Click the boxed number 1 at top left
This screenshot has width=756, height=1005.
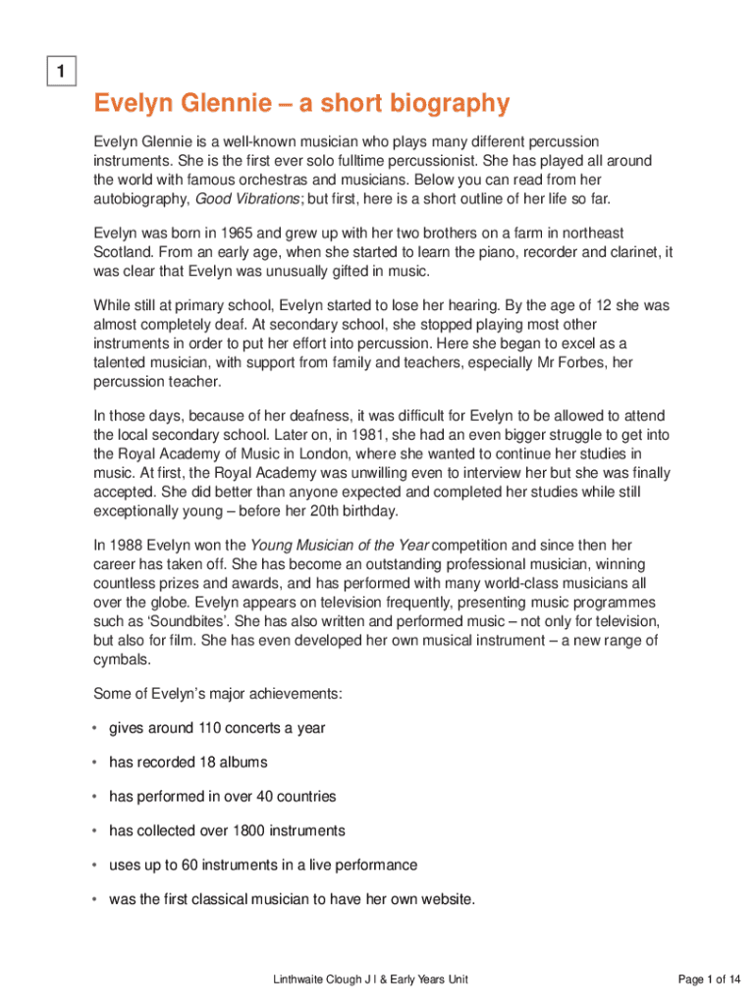click(61, 72)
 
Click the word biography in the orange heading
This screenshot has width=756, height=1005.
click(449, 103)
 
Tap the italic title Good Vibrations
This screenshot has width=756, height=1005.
click(247, 199)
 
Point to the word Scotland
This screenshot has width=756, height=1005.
click(125, 251)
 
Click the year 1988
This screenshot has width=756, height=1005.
click(127, 545)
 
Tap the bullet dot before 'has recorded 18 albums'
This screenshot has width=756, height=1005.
click(95, 763)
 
